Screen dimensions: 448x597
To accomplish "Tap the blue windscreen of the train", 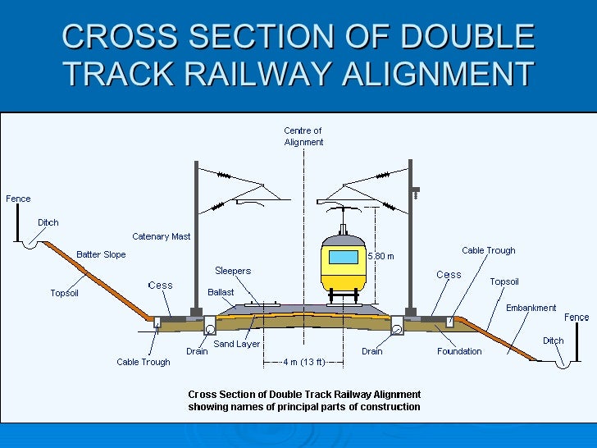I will [x=343, y=257].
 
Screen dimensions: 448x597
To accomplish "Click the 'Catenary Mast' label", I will [x=162, y=236].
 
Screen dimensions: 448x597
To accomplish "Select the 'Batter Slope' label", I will [x=101, y=254].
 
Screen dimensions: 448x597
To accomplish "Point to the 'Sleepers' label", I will [x=233, y=271].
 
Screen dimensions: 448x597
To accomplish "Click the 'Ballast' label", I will [x=221, y=292].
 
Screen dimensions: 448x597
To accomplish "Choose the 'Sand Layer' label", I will [x=236, y=344].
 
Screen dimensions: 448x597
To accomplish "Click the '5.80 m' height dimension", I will [x=381, y=256].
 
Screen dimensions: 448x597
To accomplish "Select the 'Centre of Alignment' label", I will [x=303, y=136].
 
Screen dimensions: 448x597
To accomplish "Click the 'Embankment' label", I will [x=531, y=308].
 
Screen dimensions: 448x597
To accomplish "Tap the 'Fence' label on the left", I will [x=18, y=199].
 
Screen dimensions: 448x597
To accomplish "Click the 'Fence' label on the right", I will [x=576, y=317].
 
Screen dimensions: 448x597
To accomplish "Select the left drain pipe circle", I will [x=210, y=328].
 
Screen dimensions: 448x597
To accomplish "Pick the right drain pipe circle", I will [x=397, y=329].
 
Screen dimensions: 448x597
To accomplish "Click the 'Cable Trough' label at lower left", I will [x=144, y=362].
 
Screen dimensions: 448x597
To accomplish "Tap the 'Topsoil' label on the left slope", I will [x=65, y=293].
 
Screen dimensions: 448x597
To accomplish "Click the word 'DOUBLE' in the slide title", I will [x=467, y=37].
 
